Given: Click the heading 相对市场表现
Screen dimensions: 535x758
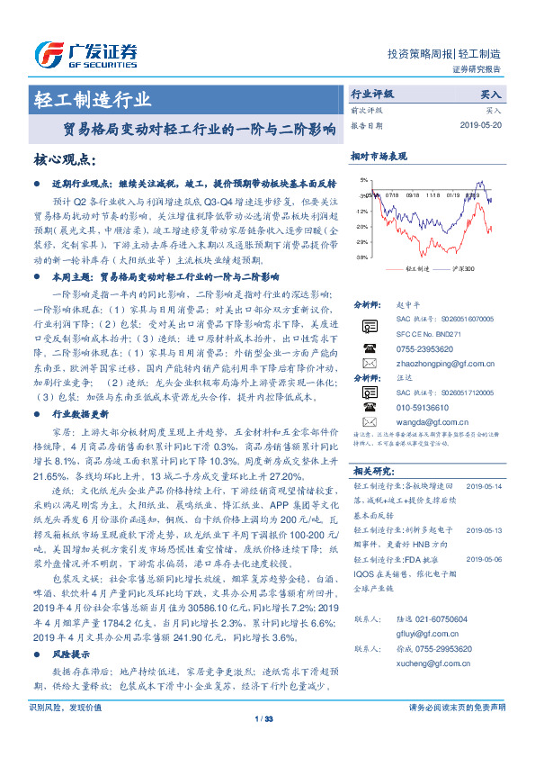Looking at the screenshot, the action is click(x=375, y=156).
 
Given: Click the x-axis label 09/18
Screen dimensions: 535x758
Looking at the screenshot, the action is click(x=413, y=193).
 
